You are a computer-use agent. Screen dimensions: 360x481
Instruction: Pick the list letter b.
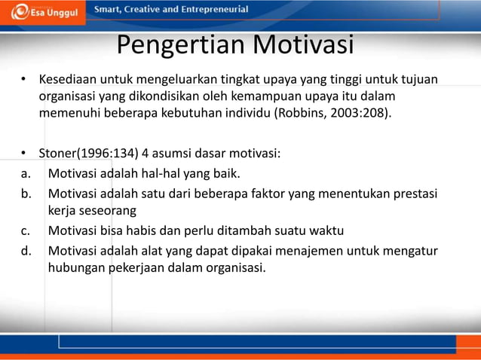(x=25, y=193)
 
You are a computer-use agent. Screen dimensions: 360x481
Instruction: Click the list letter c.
(x=25, y=230)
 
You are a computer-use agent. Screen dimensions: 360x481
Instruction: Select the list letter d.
(x=25, y=249)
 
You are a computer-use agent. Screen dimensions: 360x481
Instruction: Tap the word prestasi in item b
(x=415, y=193)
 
